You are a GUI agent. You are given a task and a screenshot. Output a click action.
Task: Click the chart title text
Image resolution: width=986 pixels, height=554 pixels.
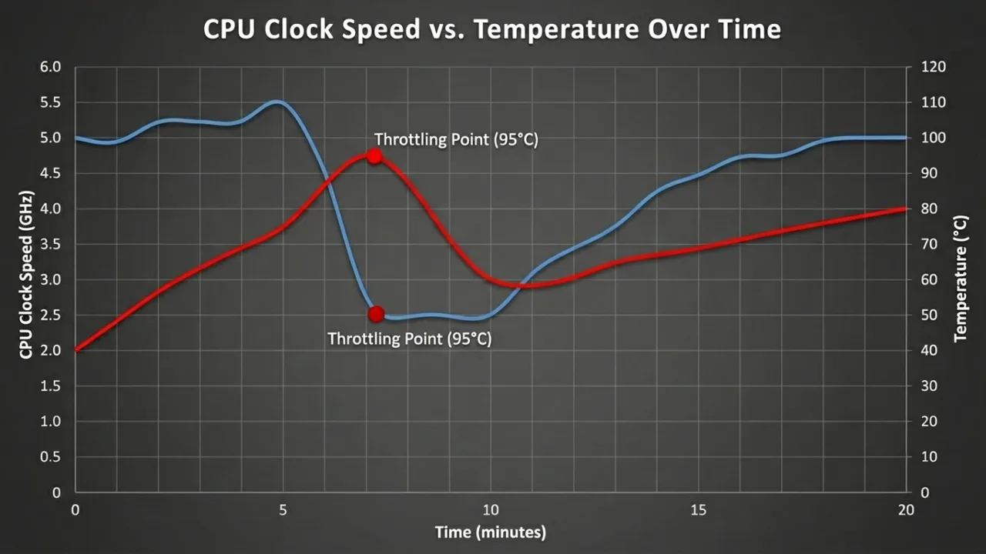coord(492,29)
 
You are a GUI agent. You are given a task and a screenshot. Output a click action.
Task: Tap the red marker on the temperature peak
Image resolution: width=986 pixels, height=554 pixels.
coord(374,156)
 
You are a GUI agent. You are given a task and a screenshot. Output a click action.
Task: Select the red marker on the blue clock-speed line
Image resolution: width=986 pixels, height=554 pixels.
coord(376,314)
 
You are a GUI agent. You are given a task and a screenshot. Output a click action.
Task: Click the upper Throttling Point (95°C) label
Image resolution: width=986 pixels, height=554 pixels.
coord(455,139)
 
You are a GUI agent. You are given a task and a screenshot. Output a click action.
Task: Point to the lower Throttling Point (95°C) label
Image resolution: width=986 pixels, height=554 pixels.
coord(409,339)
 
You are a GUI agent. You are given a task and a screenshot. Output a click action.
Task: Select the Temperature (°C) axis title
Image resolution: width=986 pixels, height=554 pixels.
coord(960,279)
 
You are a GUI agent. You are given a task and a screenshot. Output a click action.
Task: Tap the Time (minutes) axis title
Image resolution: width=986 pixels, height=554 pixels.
coord(490,532)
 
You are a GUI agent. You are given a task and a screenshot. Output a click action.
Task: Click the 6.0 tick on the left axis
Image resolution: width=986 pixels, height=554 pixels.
coord(50,67)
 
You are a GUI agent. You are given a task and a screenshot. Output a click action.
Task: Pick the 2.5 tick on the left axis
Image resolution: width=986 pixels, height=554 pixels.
coord(50,315)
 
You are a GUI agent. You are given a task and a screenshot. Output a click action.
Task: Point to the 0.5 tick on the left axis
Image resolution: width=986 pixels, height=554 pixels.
coord(50,456)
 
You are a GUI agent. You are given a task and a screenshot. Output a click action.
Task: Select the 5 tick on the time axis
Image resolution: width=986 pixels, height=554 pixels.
coord(283,510)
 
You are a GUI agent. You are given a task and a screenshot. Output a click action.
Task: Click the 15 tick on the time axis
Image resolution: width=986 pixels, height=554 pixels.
coord(698,510)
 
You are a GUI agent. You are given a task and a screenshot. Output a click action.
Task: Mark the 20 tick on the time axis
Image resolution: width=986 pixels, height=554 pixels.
coord(906,510)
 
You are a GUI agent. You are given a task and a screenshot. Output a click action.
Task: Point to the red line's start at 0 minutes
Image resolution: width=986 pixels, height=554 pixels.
coord(75,350)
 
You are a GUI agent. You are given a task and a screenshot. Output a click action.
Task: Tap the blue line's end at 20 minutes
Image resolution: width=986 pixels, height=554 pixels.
coord(905,138)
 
